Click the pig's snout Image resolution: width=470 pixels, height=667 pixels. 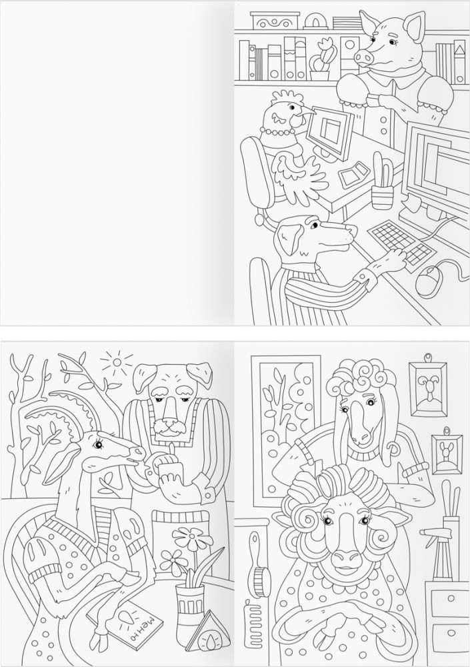pos(363,56)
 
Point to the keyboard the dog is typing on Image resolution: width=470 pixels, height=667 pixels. pos(402,246)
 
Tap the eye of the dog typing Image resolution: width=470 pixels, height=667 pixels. pos(314,225)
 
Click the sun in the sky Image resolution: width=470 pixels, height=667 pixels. pos(117,362)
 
